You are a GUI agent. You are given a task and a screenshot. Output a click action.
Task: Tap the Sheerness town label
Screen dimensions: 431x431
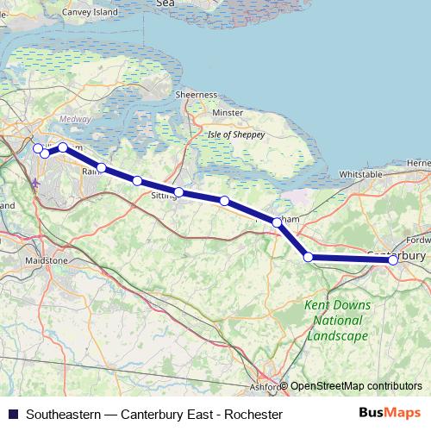pos(196,94)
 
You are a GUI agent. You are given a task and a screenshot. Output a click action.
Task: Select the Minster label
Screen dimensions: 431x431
pos(228,113)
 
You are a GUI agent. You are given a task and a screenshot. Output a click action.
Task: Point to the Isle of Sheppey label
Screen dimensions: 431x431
pos(235,134)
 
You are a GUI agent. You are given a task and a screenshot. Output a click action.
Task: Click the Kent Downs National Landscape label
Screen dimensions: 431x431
pos(338,321)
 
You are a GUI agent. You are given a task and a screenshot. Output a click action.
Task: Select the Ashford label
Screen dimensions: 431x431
pos(266,387)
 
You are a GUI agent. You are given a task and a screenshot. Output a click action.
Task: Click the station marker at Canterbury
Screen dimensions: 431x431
pos(393,259)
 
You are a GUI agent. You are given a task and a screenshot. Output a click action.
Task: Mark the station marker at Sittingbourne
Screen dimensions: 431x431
pos(178,192)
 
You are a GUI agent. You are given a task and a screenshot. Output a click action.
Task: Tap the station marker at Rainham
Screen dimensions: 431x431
pos(102,168)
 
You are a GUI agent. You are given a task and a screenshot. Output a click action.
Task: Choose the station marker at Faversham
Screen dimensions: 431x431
pos(277,222)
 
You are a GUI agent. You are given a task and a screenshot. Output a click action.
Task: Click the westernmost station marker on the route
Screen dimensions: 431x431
pos(38,148)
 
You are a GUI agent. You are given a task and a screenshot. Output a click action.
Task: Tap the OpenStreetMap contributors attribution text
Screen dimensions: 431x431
pos(356,386)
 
